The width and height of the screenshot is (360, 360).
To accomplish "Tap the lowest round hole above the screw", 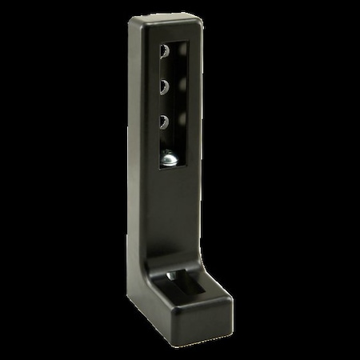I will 164,121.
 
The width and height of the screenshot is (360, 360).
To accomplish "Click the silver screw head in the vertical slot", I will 170,161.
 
